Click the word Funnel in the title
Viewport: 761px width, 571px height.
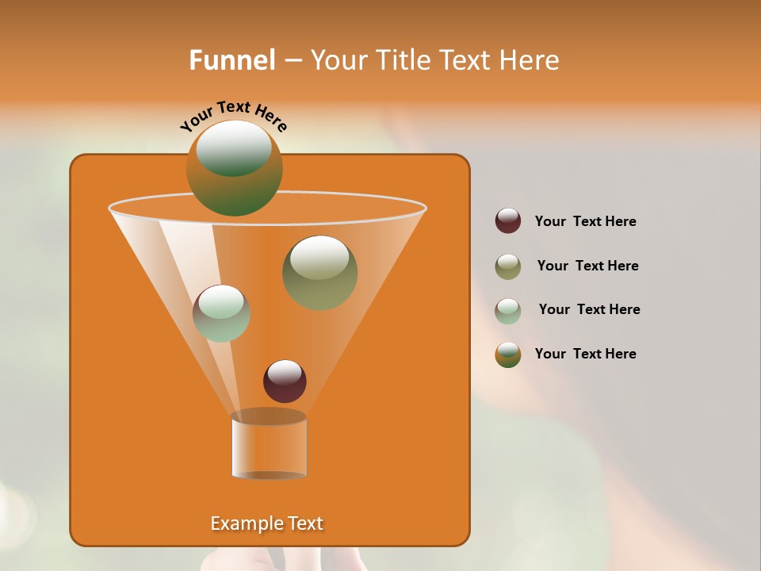[x=231, y=60]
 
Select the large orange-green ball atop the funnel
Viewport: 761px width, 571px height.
[x=235, y=168]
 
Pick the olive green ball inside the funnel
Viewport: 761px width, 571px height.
[x=319, y=274]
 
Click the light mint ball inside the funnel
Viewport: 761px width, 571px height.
[x=221, y=313]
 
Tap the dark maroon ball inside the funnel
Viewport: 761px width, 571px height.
[x=285, y=381]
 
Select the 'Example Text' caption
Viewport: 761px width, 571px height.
[x=266, y=523]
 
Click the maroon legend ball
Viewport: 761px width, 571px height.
[x=508, y=221]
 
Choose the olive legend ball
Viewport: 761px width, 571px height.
[x=508, y=266]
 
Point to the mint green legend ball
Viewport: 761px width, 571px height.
[x=508, y=310]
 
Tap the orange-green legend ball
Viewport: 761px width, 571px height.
[x=508, y=354]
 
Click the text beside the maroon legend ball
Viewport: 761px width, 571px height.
[x=585, y=222]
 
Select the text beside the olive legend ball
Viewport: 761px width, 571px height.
[x=587, y=266]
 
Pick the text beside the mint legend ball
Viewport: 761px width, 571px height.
[x=589, y=310]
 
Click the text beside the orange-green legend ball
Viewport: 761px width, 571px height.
[x=585, y=354]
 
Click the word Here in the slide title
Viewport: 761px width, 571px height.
[x=530, y=60]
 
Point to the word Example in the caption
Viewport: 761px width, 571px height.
[x=240, y=523]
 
